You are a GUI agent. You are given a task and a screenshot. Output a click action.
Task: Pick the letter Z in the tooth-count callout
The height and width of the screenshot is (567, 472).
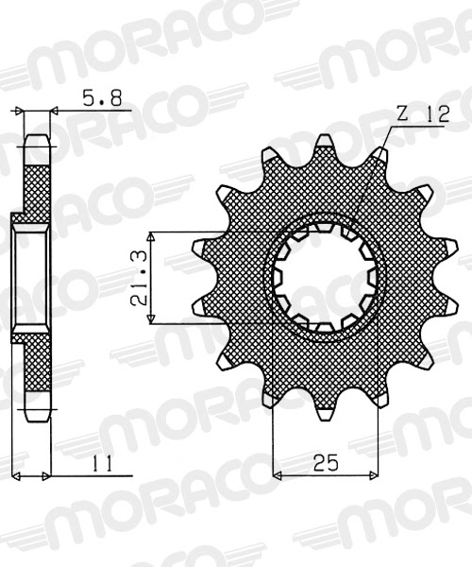click(x=402, y=113)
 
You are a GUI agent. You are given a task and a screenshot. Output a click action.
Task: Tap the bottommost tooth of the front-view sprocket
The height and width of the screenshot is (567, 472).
click(x=326, y=411)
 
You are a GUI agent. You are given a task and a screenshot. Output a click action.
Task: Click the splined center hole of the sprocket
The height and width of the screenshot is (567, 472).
click(x=326, y=278)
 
